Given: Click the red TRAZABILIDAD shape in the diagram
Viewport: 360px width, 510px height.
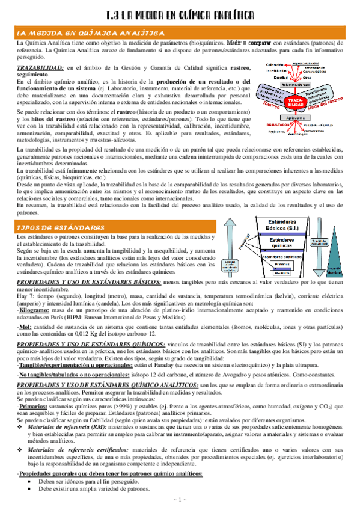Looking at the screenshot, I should [296, 103].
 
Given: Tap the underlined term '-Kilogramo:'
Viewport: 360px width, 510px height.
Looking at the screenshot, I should [34, 309].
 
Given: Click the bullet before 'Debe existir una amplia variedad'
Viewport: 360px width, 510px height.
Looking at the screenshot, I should [29, 488].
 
